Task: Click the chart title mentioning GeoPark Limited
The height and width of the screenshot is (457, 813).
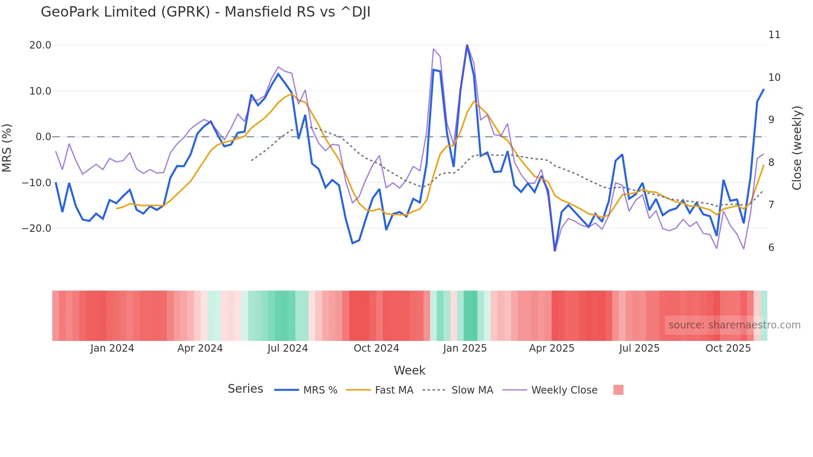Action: pos(205,12)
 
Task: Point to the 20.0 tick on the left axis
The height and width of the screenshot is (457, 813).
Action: pos(40,45)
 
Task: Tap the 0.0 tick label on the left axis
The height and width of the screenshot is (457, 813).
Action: pos(43,137)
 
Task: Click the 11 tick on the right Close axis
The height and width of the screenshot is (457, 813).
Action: pos(774,35)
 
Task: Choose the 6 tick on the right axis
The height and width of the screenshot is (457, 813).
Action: pos(771,248)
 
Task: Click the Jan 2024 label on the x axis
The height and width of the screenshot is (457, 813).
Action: pos(112,348)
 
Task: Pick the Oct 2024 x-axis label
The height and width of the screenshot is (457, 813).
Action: pos(376,348)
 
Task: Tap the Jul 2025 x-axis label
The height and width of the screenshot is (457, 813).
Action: pos(639,348)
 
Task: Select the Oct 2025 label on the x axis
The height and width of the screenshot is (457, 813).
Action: pos(728,348)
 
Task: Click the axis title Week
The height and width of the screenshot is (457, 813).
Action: pos(409,370)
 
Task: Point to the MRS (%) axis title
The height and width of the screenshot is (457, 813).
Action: pos(7,148)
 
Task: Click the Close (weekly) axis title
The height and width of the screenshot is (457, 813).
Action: pos(797,148)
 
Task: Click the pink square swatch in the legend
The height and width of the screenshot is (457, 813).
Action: pos(618,390)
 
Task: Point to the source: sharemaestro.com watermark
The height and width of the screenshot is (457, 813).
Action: pos(734,325)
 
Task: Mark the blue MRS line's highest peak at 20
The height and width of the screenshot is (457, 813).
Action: pos(467,45)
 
